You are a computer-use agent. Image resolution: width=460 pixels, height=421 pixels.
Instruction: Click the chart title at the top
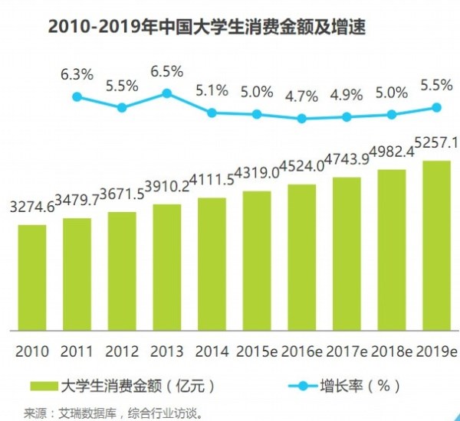[206, 29]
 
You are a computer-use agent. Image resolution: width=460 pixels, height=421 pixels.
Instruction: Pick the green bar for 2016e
[301, 256]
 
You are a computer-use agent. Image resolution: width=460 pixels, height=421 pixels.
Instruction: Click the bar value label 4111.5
[211, 181]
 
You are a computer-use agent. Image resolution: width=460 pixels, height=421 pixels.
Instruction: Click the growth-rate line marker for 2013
[166, 94]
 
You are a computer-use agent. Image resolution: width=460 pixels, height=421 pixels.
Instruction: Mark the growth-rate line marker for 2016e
[301, 119]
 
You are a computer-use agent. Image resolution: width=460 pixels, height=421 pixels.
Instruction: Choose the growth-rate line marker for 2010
[77, 96]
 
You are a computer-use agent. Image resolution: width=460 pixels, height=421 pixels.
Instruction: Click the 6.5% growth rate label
[166, 71]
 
